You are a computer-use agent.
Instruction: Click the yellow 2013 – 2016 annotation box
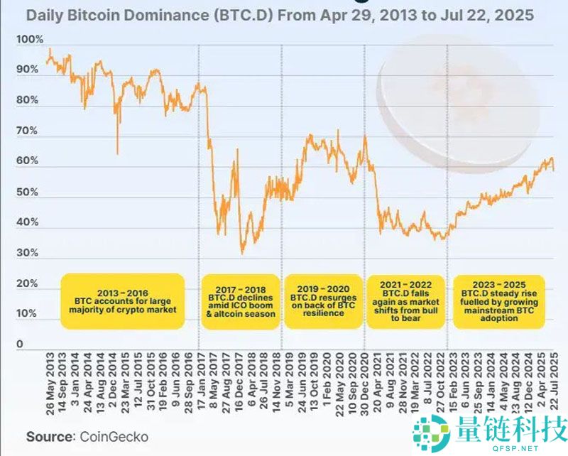(122, 300)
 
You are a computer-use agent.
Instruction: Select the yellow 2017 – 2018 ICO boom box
(239, 301)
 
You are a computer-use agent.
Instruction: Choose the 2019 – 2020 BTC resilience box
(322, 301)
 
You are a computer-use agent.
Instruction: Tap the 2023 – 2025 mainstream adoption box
(500, 301)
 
